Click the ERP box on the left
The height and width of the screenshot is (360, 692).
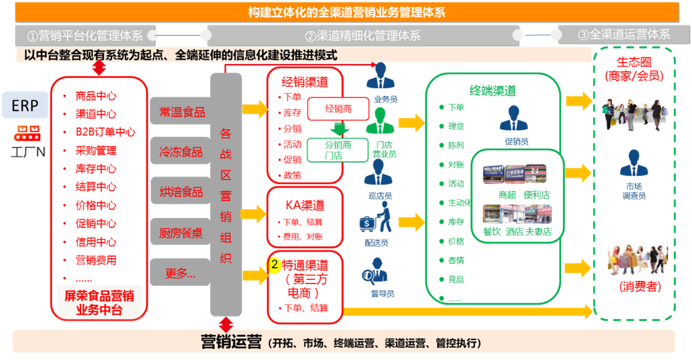[x=25, y=105]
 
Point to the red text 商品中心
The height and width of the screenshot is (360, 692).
[x=95, y=96]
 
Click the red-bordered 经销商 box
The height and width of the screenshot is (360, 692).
[x=338, y=108]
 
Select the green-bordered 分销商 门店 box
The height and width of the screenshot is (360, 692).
[x=338, y=150]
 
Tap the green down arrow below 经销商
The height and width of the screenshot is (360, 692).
[x=338, y=128]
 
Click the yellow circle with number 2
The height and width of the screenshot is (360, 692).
[x=274, y=265]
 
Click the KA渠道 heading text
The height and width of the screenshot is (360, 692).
[x=305, y=206]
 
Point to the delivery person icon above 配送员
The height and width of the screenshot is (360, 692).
[x=377, y=219]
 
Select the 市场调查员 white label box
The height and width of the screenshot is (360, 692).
[x=634, y=191]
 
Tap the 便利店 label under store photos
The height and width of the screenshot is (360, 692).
[x=537, y=195]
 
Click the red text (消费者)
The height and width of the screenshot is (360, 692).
[x=640, y=287]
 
